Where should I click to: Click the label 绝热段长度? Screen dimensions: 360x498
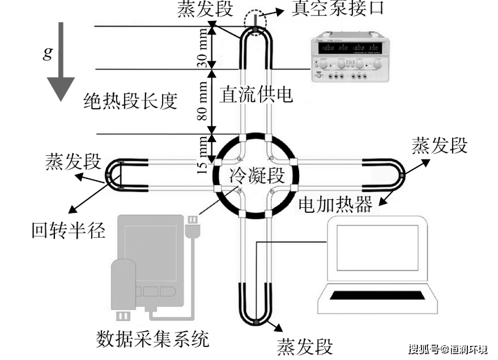(131, 101)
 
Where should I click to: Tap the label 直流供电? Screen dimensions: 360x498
(257, 94)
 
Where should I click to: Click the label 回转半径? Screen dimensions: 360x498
(69, 230)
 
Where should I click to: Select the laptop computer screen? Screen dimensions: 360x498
(377, 248)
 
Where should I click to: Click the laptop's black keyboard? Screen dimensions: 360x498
(378, 296)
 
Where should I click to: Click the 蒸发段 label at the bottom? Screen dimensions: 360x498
(305, 345)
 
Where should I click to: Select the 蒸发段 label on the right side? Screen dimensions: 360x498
(440, 145)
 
